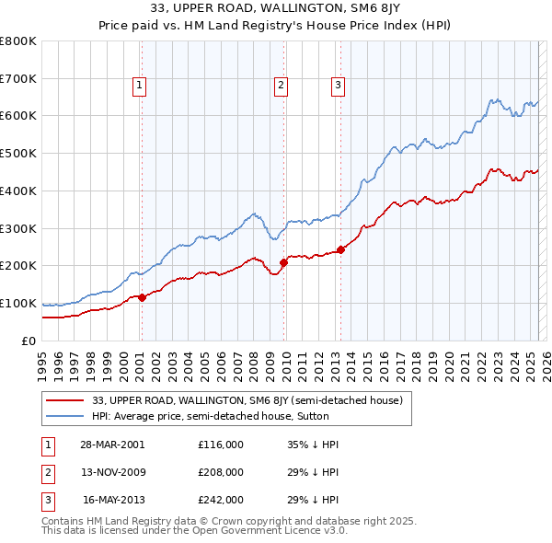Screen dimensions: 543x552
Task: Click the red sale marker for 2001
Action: tap(142, 297)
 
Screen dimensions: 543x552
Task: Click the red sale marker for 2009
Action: tap(283, 263)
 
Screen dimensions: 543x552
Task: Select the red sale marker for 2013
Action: tap(340, 249)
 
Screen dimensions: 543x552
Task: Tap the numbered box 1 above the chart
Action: tap(139, 86)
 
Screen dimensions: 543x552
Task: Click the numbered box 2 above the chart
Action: tap(281, 86)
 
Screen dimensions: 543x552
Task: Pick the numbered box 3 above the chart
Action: tap(338, 86)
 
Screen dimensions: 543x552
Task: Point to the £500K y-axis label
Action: tap(18, 154)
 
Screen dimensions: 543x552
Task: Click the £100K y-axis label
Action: tap(18, 303)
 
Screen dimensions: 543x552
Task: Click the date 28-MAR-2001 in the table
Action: tap(112, 444)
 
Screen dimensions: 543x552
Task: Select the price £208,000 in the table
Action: tap(221, 471)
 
